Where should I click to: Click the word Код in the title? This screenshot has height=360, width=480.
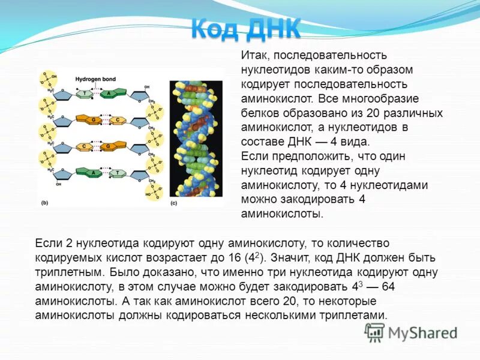coord(214,28)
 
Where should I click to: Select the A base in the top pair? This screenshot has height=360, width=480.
coord(108,94)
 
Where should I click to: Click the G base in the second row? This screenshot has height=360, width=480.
coord(94,120)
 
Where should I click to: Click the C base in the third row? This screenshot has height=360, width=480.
coord(85,146)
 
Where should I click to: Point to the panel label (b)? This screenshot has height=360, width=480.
coord(44,203)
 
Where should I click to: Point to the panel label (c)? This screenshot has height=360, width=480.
coord(173,203)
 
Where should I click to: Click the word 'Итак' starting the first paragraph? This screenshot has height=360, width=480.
coord(253,55)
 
